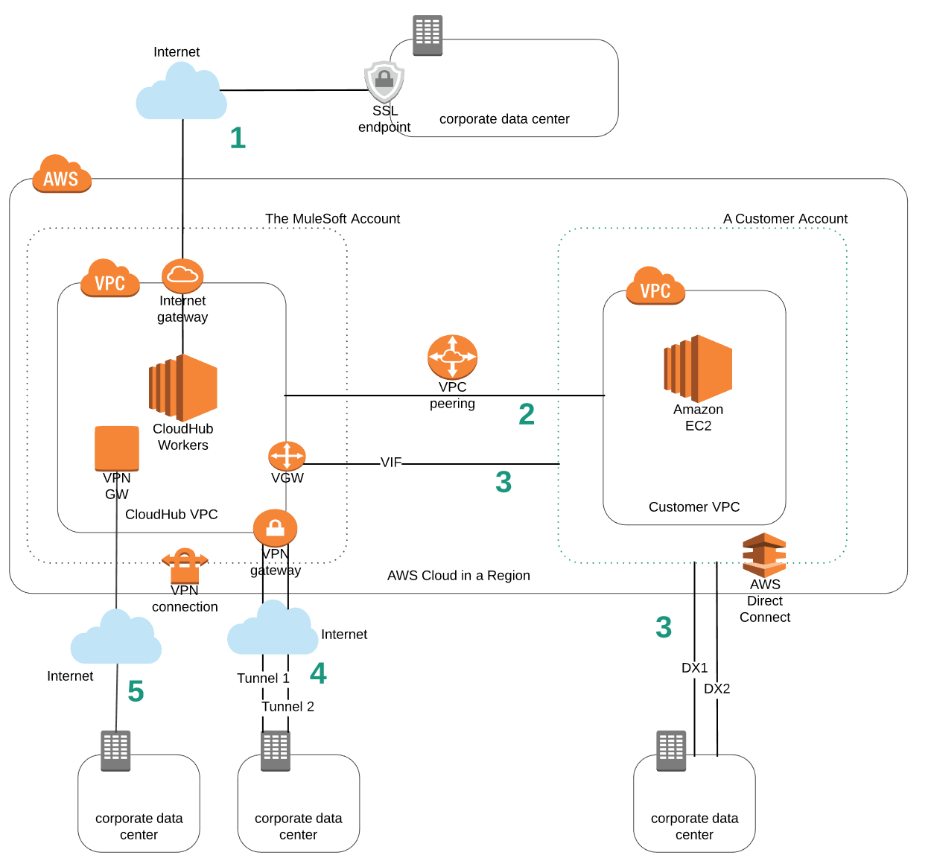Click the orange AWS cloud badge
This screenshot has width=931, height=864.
(62, 174)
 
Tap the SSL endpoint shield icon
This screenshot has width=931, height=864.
(384, 80)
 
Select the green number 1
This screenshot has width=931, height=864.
(238, 138)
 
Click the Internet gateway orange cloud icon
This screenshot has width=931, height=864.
(182, 276)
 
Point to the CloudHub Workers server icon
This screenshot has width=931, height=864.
(183, 387)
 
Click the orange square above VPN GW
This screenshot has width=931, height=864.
(117, 448)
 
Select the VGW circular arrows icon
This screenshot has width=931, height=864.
(287, 456)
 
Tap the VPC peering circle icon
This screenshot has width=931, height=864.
(452, 357)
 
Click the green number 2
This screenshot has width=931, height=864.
(527, 414)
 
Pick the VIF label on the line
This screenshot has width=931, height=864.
(391, 463)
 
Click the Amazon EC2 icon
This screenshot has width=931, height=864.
(698, 369)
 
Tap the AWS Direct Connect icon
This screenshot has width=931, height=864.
(764, 554)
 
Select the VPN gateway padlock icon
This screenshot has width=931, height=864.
(275, 528)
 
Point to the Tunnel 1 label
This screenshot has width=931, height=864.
(263, 679)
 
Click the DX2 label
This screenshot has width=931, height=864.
(717, 689)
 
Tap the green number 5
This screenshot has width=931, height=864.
(136, 691)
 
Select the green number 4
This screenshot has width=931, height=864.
(318, 673)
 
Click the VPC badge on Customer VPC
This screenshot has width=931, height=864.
(655, 287)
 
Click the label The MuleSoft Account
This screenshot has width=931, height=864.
(332, 219)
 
